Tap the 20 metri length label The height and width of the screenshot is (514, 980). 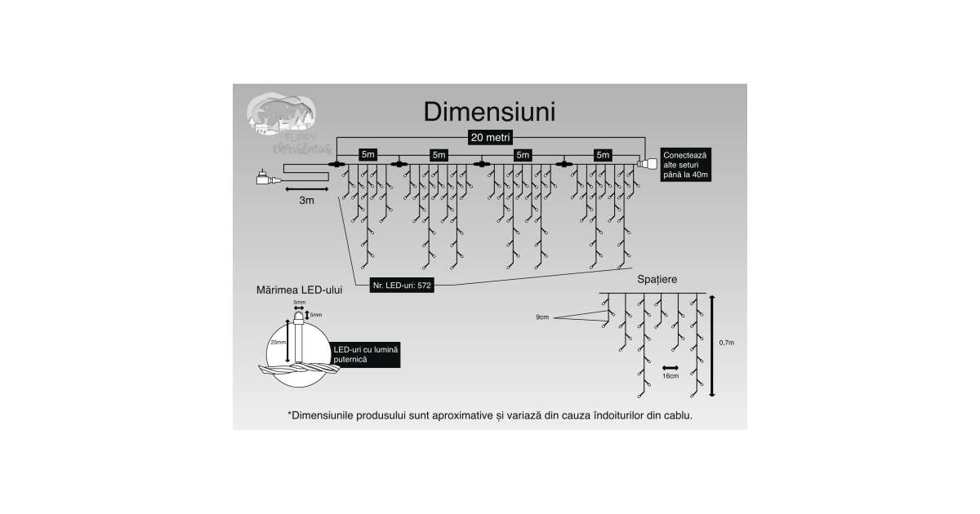pyautogui.click(x=490, y=137)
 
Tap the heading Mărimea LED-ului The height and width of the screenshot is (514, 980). pyautogui.click(x=299, y=289)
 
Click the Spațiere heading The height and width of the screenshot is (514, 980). pyautogui.click(x=657, y=279)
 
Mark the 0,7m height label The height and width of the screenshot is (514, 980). pyautogui.click(x=728, y=343)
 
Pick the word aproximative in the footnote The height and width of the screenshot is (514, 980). pyautogui.click(x=456, y=415)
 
